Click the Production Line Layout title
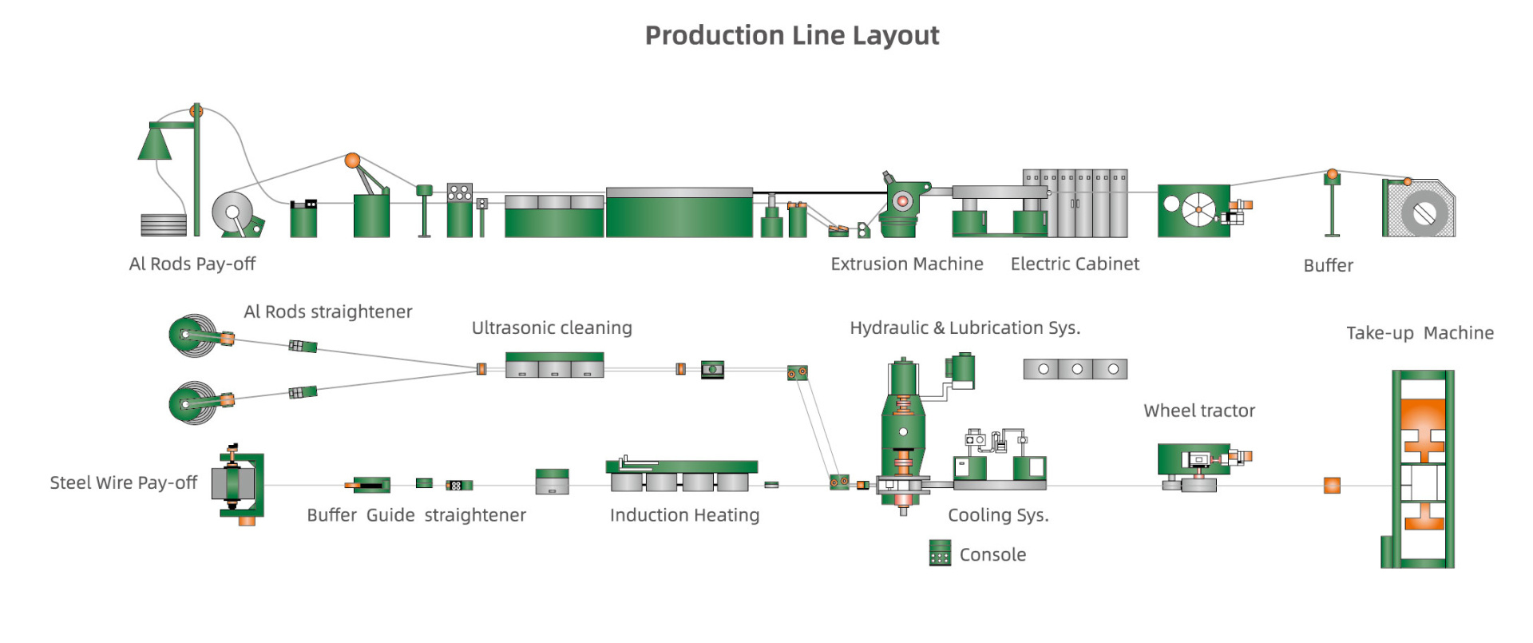point(791,36)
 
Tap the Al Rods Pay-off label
point(192,264)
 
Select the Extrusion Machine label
point(906,264)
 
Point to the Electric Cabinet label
point(1075,264)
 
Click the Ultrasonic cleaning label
point(552,328)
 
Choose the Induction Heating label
point(684,515)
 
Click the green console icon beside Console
point(940,553)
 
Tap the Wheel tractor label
point(1199,411)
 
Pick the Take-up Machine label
point(1420,333)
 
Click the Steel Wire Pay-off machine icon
point(238,484)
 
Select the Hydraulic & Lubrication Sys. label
point(965,328)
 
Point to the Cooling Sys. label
point(998,515)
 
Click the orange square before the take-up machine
point(1332,485)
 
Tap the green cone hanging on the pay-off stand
point(154,144)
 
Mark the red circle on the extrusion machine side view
point(902,201)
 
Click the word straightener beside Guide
point(475,515)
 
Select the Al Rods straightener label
point(327,312)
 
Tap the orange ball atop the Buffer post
point(1332,174)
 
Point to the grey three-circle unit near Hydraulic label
point(1075,369)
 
